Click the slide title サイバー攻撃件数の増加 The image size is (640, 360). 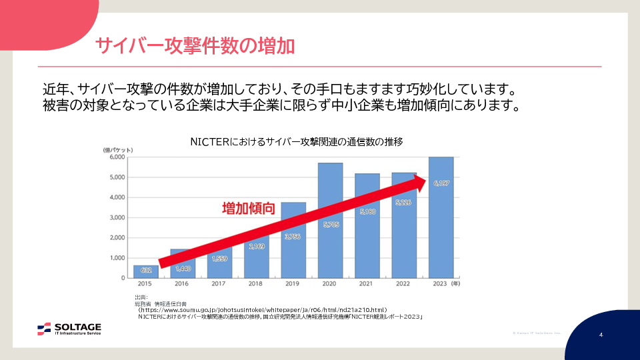tap(195, 47)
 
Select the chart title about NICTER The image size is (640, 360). tap(296, 142)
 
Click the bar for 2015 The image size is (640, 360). tap(145, 271)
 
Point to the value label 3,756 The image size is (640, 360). tap(293, 235)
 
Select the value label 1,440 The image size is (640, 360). tap(183, 268)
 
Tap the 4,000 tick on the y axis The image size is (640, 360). tap(117, 197)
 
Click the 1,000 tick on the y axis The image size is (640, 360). tap(117, 258)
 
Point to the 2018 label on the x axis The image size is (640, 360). tap(256, 285)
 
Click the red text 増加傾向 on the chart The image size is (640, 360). tap(248, 208)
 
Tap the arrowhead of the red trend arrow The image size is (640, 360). tap(426, 181)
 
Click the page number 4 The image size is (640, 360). tap(601, 334)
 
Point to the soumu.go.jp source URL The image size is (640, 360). tap(263, 310)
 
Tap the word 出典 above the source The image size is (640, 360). tap(141, 297)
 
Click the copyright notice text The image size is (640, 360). tap(537, 333)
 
